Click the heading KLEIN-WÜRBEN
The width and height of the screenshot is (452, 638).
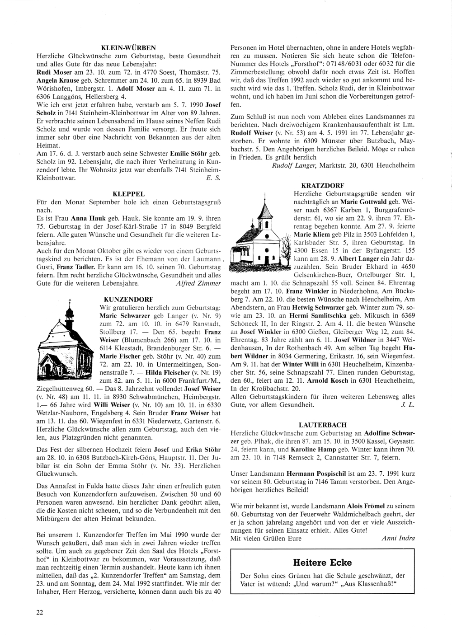click(x=128, y=47)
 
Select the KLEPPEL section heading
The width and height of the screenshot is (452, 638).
click(x=128, y=193)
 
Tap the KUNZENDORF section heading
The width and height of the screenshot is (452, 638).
click(x=128, y=299)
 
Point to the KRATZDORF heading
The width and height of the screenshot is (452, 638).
click(x=322, y=185)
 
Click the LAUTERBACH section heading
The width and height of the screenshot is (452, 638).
click(x=322, y=425)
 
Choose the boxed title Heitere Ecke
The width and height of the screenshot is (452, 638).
click(x=322, y=563)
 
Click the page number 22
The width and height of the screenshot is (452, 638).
click(x=40, y=612)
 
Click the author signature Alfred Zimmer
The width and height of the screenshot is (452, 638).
click(x=198, y=283)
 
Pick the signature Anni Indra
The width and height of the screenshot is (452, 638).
click(x=398, y=538)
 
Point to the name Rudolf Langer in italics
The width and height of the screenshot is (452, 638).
click(x=294, y=165)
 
